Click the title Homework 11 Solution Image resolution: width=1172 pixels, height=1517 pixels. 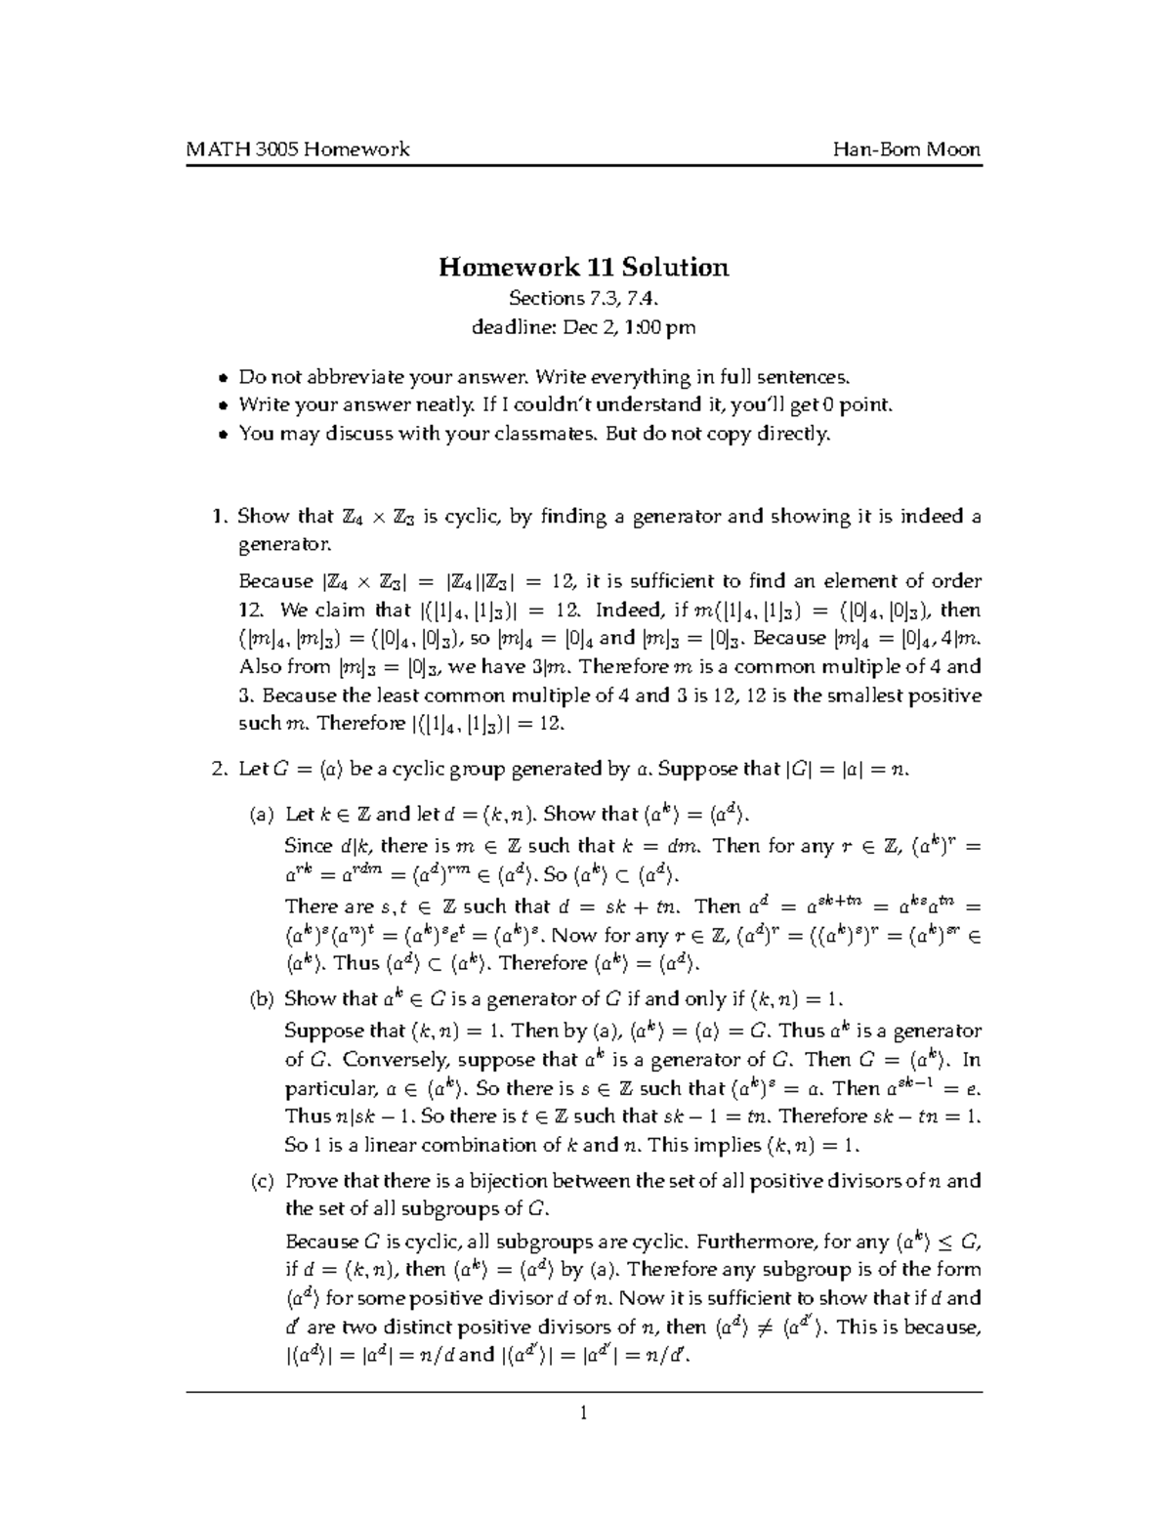point(583,267)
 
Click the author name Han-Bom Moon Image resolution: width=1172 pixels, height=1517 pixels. point(906,148)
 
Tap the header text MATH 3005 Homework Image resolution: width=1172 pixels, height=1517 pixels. point(298,148)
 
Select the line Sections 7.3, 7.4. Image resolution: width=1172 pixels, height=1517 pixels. point(583,299)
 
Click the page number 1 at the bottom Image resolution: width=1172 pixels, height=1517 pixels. point(583,1412)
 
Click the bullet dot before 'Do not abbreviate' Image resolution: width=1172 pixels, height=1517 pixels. point(224,378)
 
